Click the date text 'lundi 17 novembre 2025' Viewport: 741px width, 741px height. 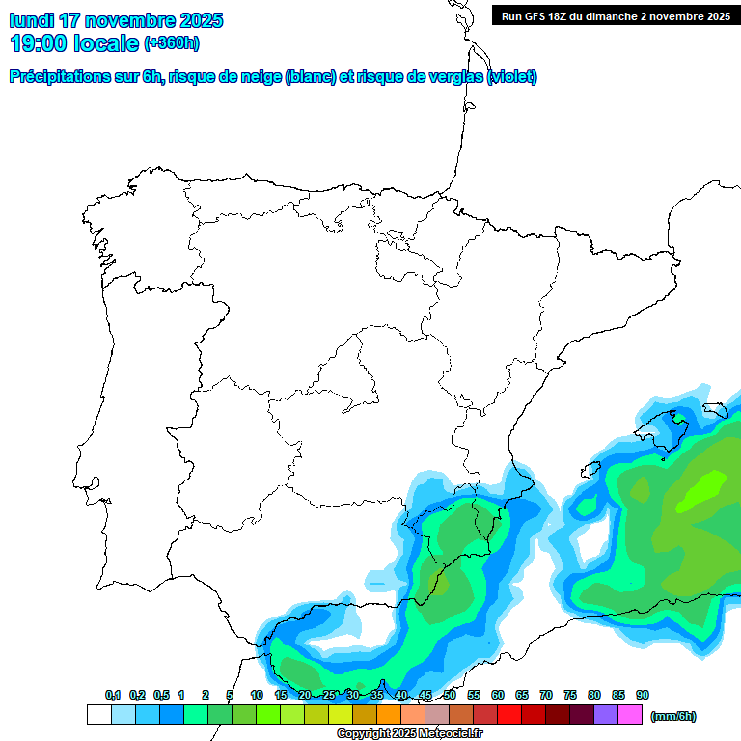click(x=116, y=20)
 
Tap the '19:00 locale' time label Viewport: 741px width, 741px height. click(x=74, y=42)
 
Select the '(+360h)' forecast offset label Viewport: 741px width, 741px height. click(x=171, y=42)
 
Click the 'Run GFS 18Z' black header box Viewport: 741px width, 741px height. click(x=616, y=15)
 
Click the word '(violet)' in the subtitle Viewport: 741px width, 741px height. click(x=512, y=77)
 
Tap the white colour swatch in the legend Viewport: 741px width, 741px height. click(x=98, y=715)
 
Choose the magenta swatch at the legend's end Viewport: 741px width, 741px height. click(x=630, y=715)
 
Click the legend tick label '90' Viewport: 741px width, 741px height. click(x=643, y=695)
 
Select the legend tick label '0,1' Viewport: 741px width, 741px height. click(x=113, y=695)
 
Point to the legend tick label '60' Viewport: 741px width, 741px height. click(x=498, y=695)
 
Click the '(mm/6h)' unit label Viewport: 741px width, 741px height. click(x=673, y=716)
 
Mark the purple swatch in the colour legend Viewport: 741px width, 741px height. click(x=606, y=715)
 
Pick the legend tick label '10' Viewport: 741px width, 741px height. click(x=257, y=695)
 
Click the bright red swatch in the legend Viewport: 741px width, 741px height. click(x=509, y=715)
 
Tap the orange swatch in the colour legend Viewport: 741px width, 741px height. click(x=389, y=715)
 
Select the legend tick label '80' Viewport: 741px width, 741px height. click(x=594, y=695)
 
